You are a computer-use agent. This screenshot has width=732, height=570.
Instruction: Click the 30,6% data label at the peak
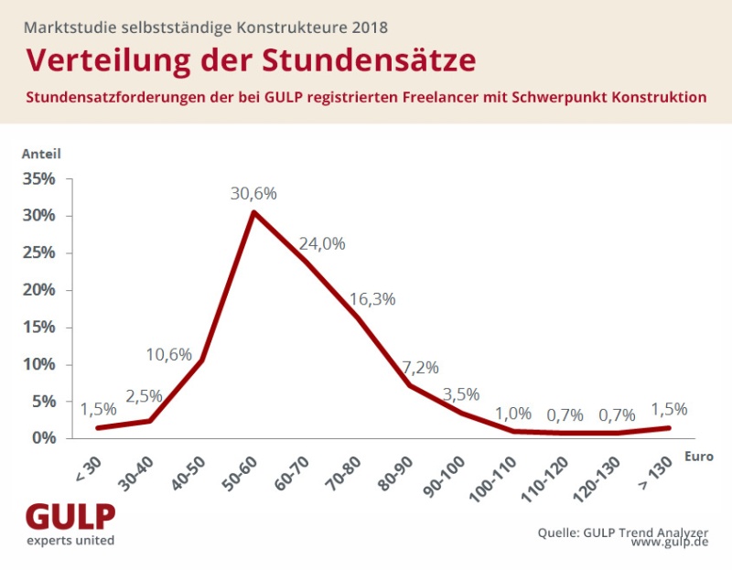[253, 194]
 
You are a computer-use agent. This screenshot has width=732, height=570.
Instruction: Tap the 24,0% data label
[322, 243]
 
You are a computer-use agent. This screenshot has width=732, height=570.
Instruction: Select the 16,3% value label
[372, 298]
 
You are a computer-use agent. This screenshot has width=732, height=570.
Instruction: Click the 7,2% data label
[420, 368]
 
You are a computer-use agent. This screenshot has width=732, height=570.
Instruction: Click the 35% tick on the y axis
[38, 178]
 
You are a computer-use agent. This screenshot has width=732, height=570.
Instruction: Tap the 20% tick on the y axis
[38, 290]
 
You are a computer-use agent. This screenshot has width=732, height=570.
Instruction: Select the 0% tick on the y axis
[44, 438]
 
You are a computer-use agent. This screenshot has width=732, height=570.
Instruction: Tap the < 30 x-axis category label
[85, 463]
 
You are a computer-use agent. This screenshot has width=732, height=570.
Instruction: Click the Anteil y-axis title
[41, 154]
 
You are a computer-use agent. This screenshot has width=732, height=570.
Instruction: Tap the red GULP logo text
[70, 517]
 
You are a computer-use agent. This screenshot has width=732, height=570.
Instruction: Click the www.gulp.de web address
[670, 543]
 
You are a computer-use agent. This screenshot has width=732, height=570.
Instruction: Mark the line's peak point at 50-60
[253, 212]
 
